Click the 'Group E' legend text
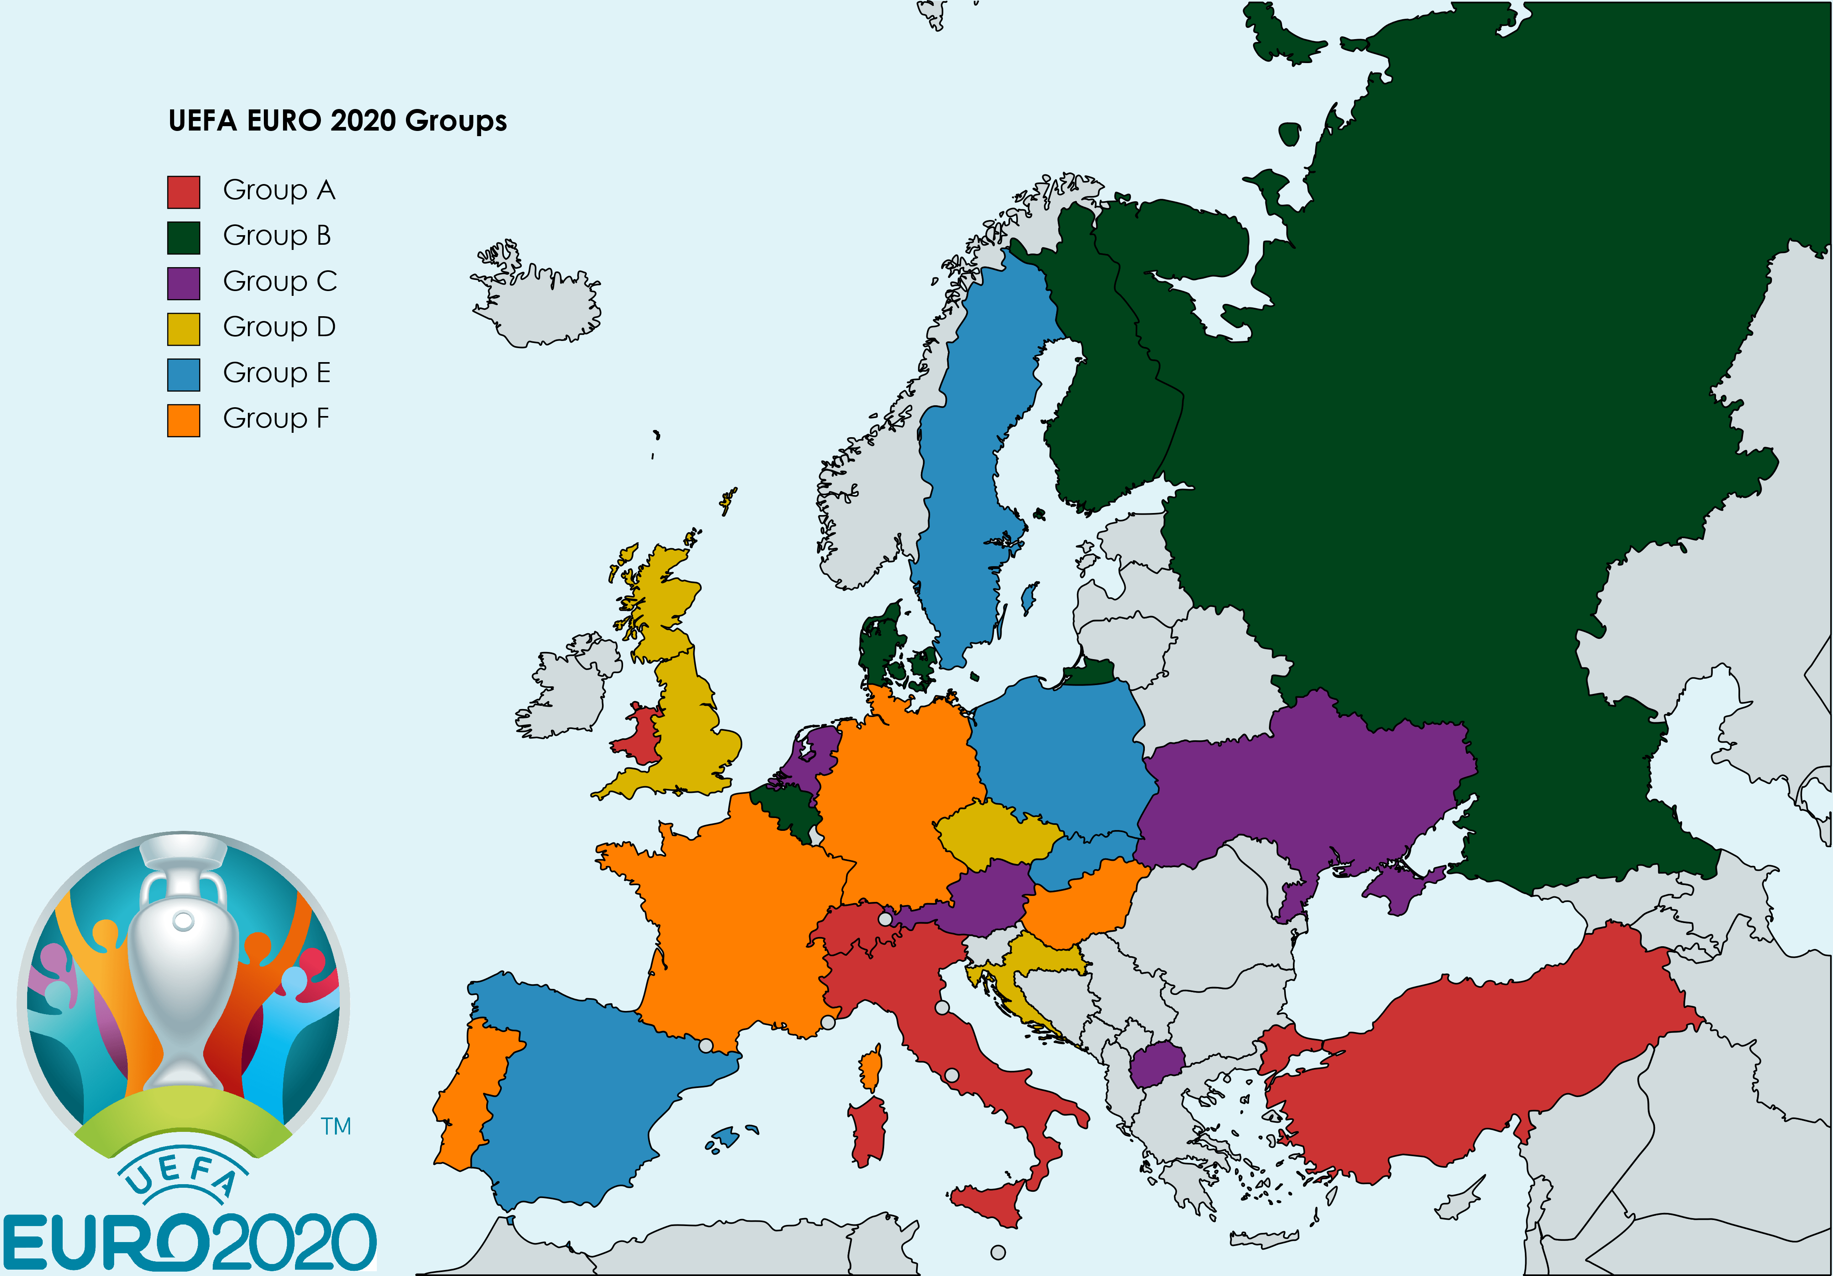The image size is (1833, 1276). click(x=276, y=373)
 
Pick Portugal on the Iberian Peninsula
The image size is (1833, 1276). click(x=471, y=1094)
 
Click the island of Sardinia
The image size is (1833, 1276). click(x=869, y=1130)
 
